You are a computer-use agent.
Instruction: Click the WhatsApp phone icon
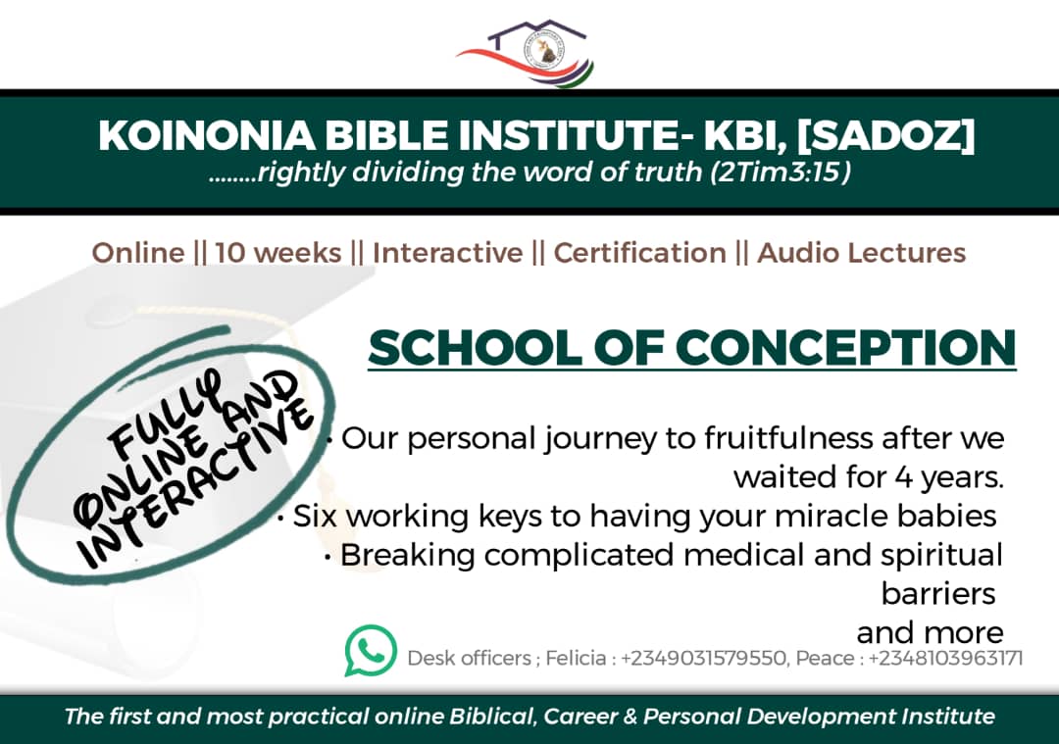[x=371, y=650]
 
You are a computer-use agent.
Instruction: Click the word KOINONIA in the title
[x=206, y=135]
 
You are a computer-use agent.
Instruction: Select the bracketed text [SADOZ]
[x=885, y=135]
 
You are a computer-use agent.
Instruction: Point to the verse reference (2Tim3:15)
[x=781, y=173]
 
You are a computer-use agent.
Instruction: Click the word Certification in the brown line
[x=639, y=253]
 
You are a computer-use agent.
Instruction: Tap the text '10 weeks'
[x=278, y=253]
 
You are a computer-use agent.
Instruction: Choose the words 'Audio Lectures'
[x=862, y=253]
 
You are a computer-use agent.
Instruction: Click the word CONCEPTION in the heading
[x=846, y=348]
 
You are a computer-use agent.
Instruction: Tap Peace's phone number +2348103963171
[x=945, y=658]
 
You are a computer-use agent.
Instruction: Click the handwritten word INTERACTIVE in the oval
[x=196, y=482]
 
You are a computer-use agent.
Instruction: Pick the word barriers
[x=938, y=594]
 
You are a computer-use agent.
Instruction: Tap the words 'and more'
[x=930, y=633]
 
